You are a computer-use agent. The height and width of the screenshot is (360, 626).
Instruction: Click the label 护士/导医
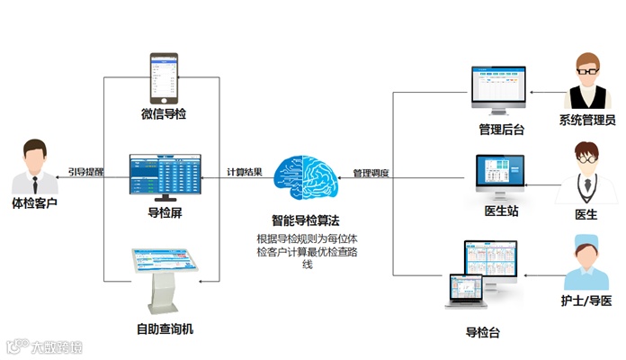coord(586,299)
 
